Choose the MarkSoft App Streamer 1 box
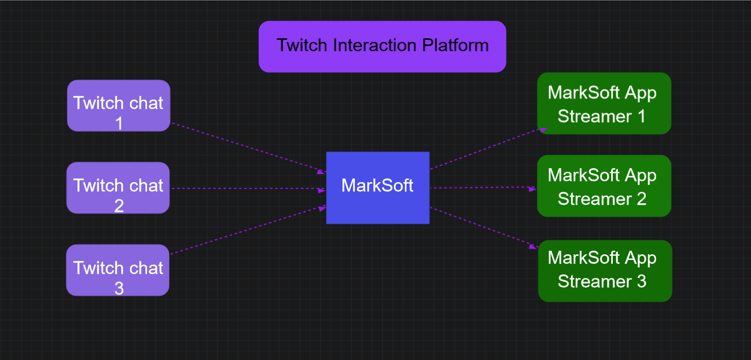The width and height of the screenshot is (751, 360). (604, 103)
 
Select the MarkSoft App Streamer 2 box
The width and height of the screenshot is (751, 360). (604, 186)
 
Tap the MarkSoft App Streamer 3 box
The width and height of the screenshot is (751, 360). (605, 271)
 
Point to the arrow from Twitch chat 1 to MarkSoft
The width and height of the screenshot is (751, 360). (248, 148)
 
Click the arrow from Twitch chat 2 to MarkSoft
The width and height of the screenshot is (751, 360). (248, 189)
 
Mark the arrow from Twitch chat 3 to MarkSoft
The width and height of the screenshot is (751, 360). (248, 230)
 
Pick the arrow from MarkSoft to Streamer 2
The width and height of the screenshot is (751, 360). (482, 188)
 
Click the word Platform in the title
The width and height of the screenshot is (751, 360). (455, 45)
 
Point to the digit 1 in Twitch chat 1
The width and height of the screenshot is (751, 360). (119, 124)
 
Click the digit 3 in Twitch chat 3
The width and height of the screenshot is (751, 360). (119, 288)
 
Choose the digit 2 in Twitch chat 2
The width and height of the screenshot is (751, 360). (119, 206)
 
